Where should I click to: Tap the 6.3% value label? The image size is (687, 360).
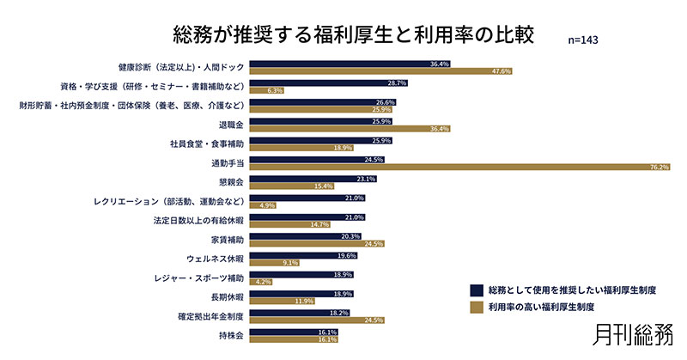point(276,90)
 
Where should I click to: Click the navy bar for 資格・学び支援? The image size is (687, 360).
point(328,82)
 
